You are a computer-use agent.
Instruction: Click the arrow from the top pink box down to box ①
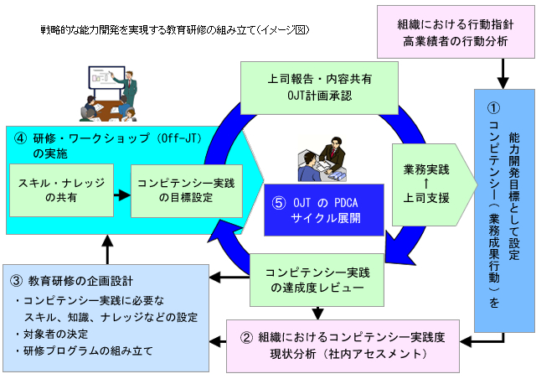[x=501, y=79]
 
